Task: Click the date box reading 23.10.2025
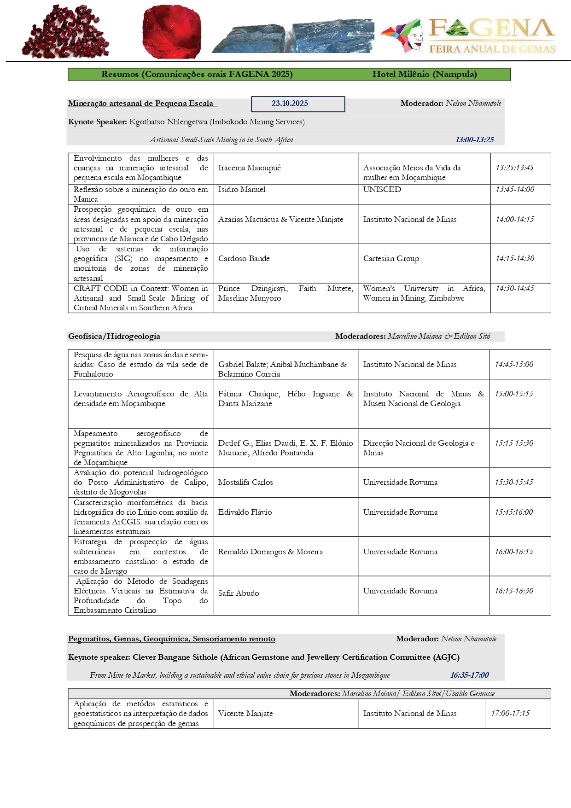point(298,104)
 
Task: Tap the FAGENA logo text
point(491,29)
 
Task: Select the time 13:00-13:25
point(474,140)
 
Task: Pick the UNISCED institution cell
point(382,190)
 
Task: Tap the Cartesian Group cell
point(391,259)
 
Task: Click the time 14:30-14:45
point(515,289)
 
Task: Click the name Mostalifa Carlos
point(245,482)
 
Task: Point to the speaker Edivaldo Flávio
point(245,512)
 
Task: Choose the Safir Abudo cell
point(239,593)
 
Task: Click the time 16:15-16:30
point(514,591)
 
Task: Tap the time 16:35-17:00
point(469,675)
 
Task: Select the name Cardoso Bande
point(244,259)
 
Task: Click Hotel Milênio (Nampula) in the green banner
point(425,75)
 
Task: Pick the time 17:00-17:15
point(510,714)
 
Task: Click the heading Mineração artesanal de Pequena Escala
point(140,104)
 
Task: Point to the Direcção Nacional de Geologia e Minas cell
point(418,448)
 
